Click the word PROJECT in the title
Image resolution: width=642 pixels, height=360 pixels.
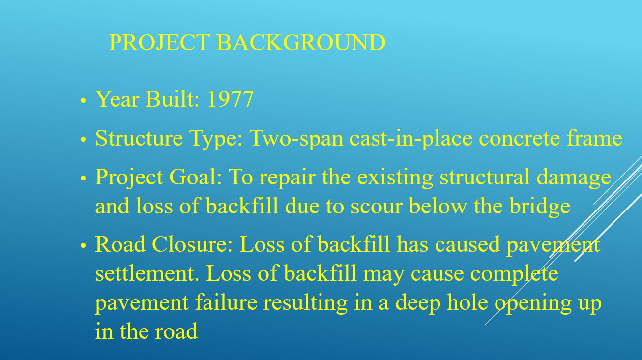[160, 42]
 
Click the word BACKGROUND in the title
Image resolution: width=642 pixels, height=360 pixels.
[301, 42]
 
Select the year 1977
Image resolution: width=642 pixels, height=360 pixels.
[231, 99]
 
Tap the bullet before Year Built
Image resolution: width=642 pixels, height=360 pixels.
[83, 100]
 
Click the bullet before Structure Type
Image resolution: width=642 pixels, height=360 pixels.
[83, 139]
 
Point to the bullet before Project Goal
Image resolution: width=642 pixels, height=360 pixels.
[83, 178]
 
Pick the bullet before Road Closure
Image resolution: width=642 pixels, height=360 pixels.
[83, 245]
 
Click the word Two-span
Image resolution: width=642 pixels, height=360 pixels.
[296, 139]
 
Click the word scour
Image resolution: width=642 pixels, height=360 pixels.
[377, 207]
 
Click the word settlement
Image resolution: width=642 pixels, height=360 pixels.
[147, 273]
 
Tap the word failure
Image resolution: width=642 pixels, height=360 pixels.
[226, 302]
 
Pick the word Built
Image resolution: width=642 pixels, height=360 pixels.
[173, 99]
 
